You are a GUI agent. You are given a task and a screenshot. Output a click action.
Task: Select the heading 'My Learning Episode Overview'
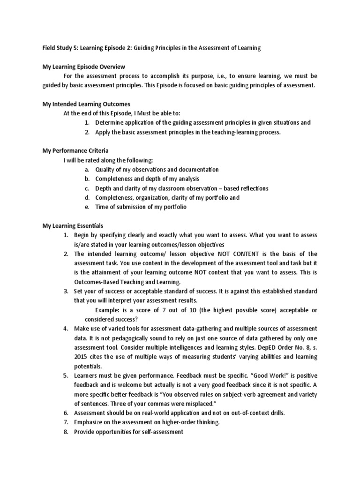(x=83, y=67)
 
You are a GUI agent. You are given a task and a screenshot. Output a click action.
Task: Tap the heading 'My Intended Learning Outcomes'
(x=86, y=104)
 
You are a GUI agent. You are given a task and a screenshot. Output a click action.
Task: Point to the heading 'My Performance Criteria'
(x=75, y=150)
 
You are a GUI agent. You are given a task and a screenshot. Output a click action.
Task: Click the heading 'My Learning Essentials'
(x=73, y=225)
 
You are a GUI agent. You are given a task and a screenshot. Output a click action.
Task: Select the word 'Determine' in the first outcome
(x=110, y=122)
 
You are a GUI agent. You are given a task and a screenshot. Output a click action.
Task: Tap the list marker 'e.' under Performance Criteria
(x=87, y=207)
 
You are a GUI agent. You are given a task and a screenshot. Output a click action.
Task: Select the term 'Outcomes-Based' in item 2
(x=96, y=282)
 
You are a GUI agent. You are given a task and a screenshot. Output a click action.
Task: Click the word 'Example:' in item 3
(x=108, y=310)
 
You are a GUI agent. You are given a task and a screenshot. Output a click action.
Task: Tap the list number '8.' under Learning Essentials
(x=66, y=431)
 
